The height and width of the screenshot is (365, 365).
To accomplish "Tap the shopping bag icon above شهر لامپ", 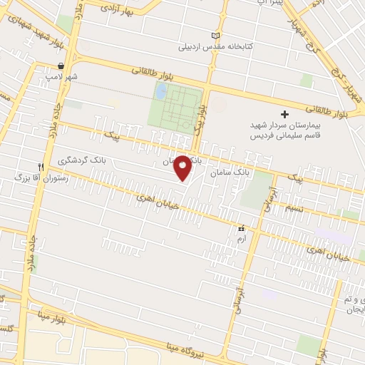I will point(62,66).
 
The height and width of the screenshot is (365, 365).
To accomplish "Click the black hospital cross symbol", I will point(284,114).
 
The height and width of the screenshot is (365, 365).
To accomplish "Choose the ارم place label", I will point(241,239).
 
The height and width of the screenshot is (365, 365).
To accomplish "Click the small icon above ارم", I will point(241,229).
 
